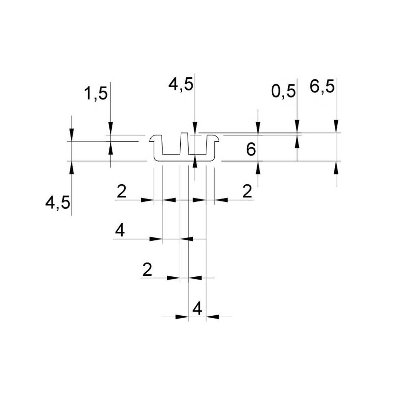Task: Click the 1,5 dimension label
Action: click(95, 93)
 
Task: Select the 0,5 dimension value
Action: click(284, 91)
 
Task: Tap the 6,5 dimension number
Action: click(322, 87)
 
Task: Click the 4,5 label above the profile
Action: click(181, 84)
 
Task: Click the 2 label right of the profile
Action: click(247, 191)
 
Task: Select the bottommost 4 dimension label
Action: click(197, 308)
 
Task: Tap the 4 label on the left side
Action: click(120, 230)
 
